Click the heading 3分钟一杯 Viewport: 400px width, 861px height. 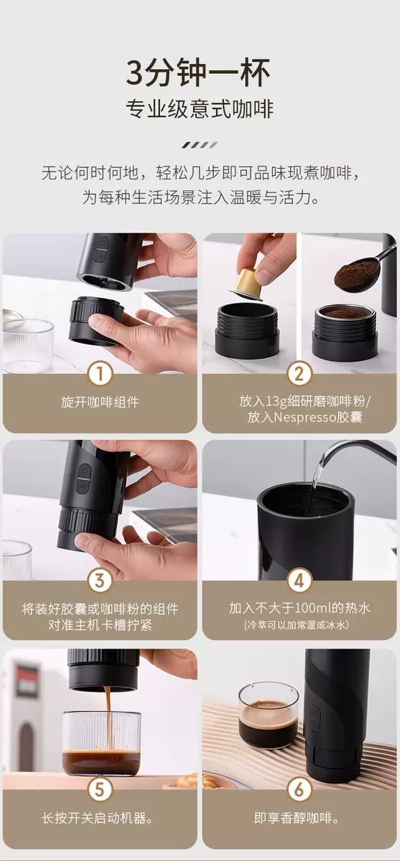click(198, 72)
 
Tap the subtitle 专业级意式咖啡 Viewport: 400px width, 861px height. click(200, 109)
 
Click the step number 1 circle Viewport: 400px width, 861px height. click(100, 373)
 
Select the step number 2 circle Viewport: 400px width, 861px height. click(299, 373)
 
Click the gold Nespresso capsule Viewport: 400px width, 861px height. click(247, 284)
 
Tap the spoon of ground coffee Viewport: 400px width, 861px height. click(361, 269)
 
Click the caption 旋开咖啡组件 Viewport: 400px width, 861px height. click(100, 402)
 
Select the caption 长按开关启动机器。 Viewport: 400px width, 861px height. click(98, 817)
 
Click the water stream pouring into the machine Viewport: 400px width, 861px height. click(317, 471)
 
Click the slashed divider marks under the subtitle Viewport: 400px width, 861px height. click(200, 145)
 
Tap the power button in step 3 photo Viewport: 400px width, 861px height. click(84, 470)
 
